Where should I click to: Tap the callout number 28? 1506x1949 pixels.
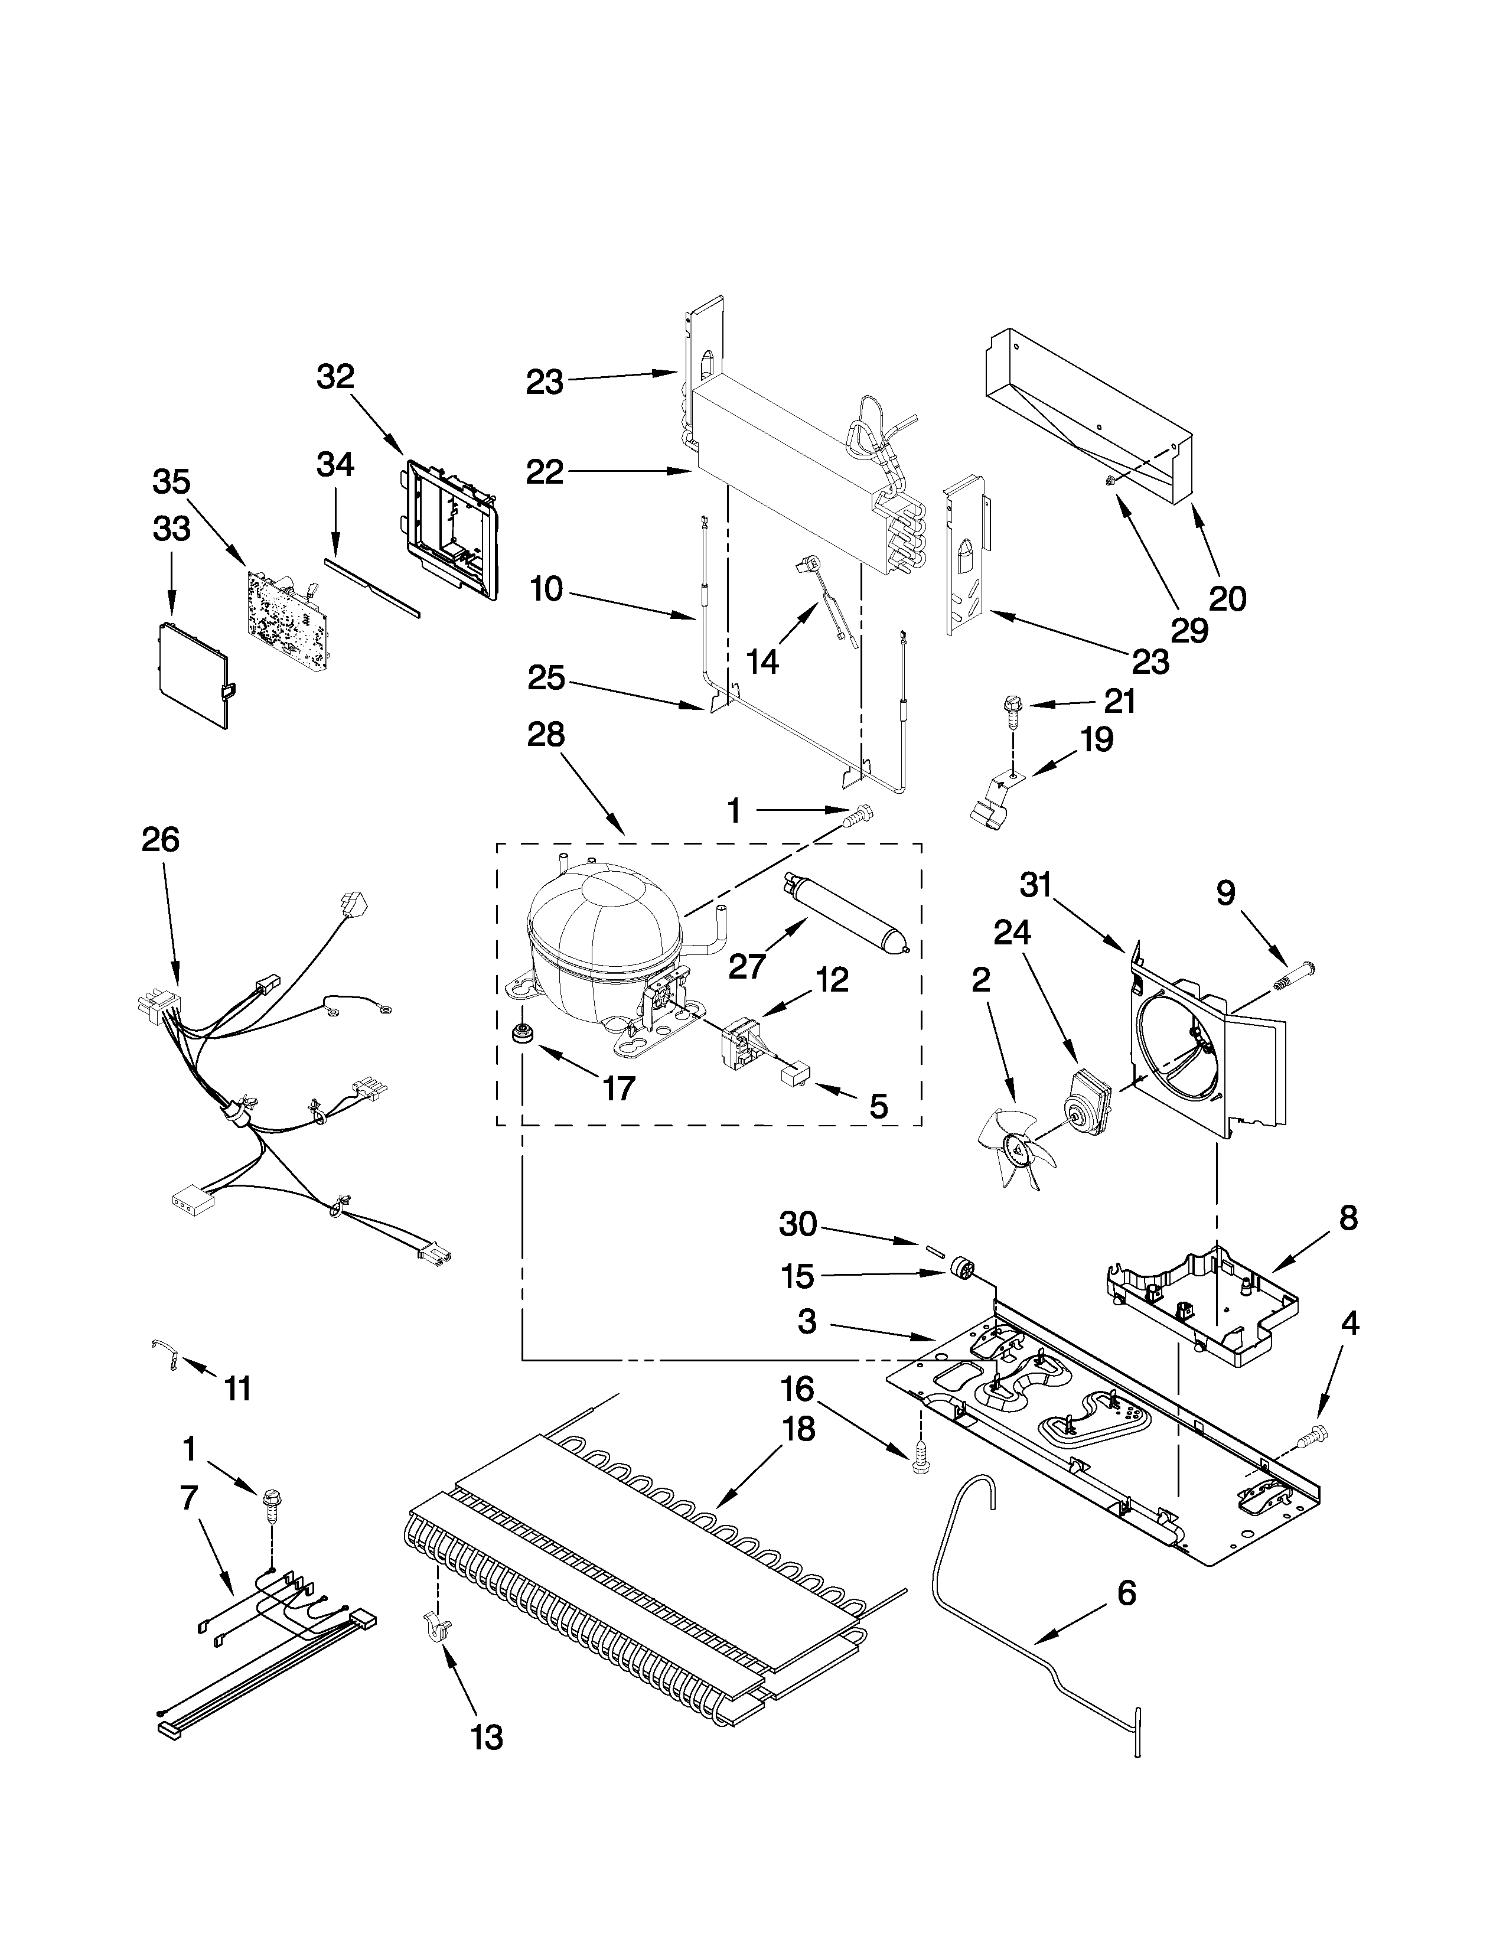tap(546, 735)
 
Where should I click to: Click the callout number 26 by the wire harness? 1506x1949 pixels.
tap(161, 840)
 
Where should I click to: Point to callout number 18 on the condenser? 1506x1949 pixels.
tap(798, 1430)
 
